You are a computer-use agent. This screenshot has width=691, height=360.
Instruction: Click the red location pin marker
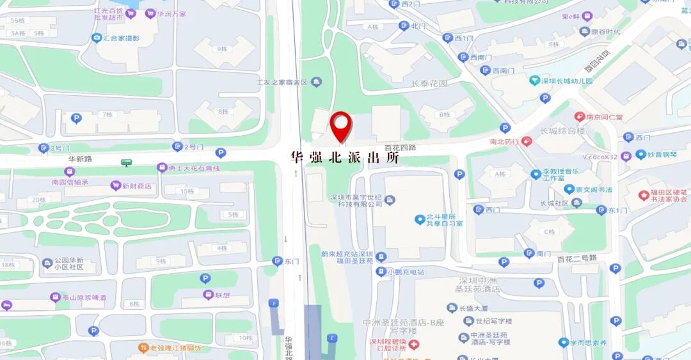tap(341, 125)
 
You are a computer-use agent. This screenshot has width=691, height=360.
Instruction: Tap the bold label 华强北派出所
tap(344, 157)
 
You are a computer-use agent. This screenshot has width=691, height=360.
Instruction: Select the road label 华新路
tap(63, 158)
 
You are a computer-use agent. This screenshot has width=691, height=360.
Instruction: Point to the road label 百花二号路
tap(576, 258)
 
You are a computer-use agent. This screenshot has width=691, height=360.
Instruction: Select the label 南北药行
tap(505, 141)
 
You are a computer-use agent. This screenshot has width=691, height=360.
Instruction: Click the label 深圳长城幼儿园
tap(567, 81)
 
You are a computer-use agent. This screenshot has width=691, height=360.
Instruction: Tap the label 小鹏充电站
tap(404, 272)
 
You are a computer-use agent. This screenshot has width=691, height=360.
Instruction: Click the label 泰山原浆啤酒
tap(84, 297)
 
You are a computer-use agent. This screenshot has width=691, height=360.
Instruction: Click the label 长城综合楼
tap(562, 131)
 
